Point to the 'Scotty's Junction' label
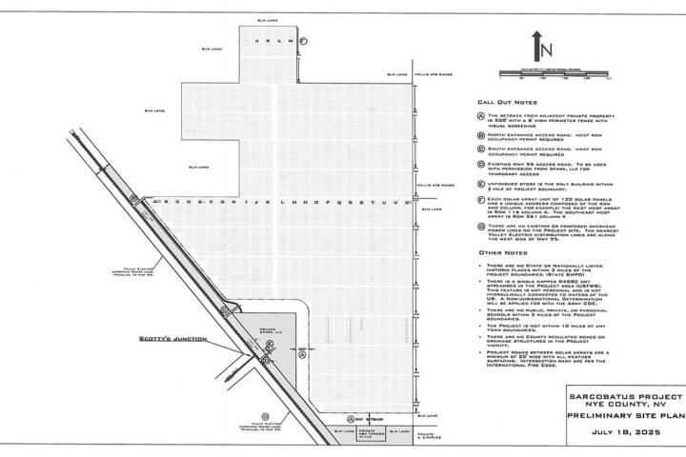click(x=194, y=342)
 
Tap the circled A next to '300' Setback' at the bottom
click(x=350, y=418)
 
